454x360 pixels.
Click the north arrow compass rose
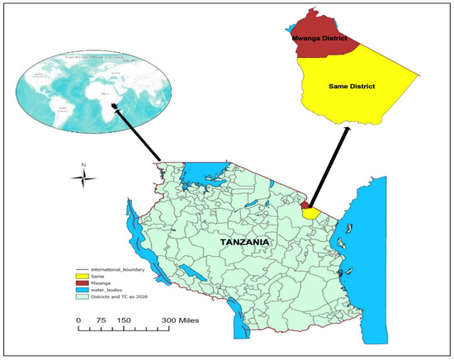tap(82, 175)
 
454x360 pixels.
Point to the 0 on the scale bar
tap(79, 320)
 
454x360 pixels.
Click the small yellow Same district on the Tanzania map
tap(311, 213)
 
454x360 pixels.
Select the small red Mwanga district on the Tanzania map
tap(305, 205)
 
